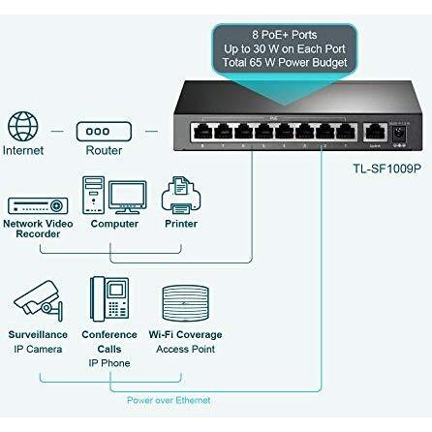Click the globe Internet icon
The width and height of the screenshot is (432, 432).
(x=23, y=126)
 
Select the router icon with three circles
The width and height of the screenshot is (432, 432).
(x=104, y=132)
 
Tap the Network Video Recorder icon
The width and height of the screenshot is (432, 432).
(x=38, y=205)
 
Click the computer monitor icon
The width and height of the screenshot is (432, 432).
(x=128, y=198)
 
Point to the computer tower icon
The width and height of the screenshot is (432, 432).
(x=93, y=195)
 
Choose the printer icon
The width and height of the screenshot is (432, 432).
(x=181, y=196)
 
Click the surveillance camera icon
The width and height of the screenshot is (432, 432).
(x=38, y=301)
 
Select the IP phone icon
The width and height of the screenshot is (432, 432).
(x=109, y=299)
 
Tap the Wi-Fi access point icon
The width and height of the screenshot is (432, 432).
(x=185, y=303)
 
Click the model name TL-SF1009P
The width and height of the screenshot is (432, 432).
(x=386, y=169)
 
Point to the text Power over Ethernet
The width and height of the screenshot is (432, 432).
(x=169, y=400)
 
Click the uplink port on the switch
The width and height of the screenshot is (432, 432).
(x=375, y=133)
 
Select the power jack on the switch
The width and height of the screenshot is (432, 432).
(x=399, y=134)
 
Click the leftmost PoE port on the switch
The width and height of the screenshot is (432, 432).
(x=202, y=133)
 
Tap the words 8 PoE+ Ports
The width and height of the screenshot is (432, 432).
(x=285, y=35)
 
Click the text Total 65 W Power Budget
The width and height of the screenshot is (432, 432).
(x=285, y=62)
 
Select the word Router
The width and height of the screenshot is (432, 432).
(x=104, y=150)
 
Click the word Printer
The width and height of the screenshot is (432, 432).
(x=181, y=224)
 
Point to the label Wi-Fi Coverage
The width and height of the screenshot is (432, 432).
(x=185, y=334)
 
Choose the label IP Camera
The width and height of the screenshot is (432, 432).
(x=38, y=349)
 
